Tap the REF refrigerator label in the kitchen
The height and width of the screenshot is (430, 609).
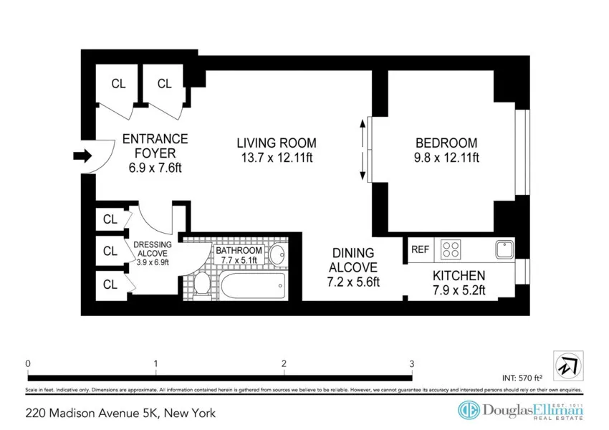click(420, 249)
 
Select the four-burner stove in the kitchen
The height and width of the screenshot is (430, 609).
click(452, 249)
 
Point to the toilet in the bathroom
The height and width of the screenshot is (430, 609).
click(201, 285)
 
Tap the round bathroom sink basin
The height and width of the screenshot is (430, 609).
click(277, 254)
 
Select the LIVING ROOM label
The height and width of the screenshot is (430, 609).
click(277, 143)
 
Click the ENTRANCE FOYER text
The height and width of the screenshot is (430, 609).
click(155, 145)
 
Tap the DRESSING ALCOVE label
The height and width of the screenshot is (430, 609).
click(152, 249)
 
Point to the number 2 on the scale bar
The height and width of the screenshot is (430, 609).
click(284, 363)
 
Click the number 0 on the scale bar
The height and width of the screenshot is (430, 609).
click(27, 363)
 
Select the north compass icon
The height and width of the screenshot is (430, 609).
click(568, 365)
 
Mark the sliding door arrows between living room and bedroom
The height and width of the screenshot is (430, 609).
click(363, 150)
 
